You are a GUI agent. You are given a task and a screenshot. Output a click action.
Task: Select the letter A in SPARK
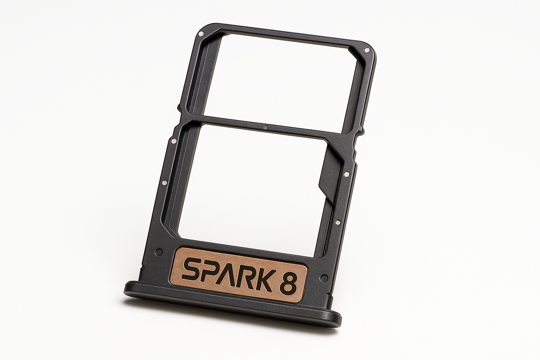tap(232, 274)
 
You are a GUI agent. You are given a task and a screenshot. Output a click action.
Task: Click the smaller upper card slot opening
tap(285, 81)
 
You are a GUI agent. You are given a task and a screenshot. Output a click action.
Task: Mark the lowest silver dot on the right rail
tap(337, 222)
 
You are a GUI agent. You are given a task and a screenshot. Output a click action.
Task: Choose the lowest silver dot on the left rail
tap(164, 183)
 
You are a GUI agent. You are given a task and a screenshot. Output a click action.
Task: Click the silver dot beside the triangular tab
tap(346, 173)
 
